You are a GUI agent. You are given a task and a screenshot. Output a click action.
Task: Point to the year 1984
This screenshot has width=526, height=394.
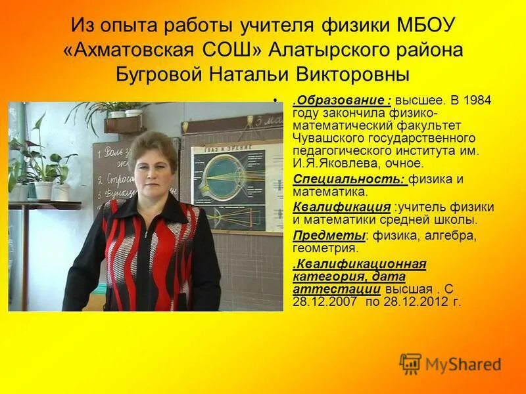pos(477,102)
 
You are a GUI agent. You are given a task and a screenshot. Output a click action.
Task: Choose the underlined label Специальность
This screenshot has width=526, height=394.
pos(349,179)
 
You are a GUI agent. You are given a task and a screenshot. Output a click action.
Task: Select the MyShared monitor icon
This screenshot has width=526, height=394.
pos(410,364)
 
